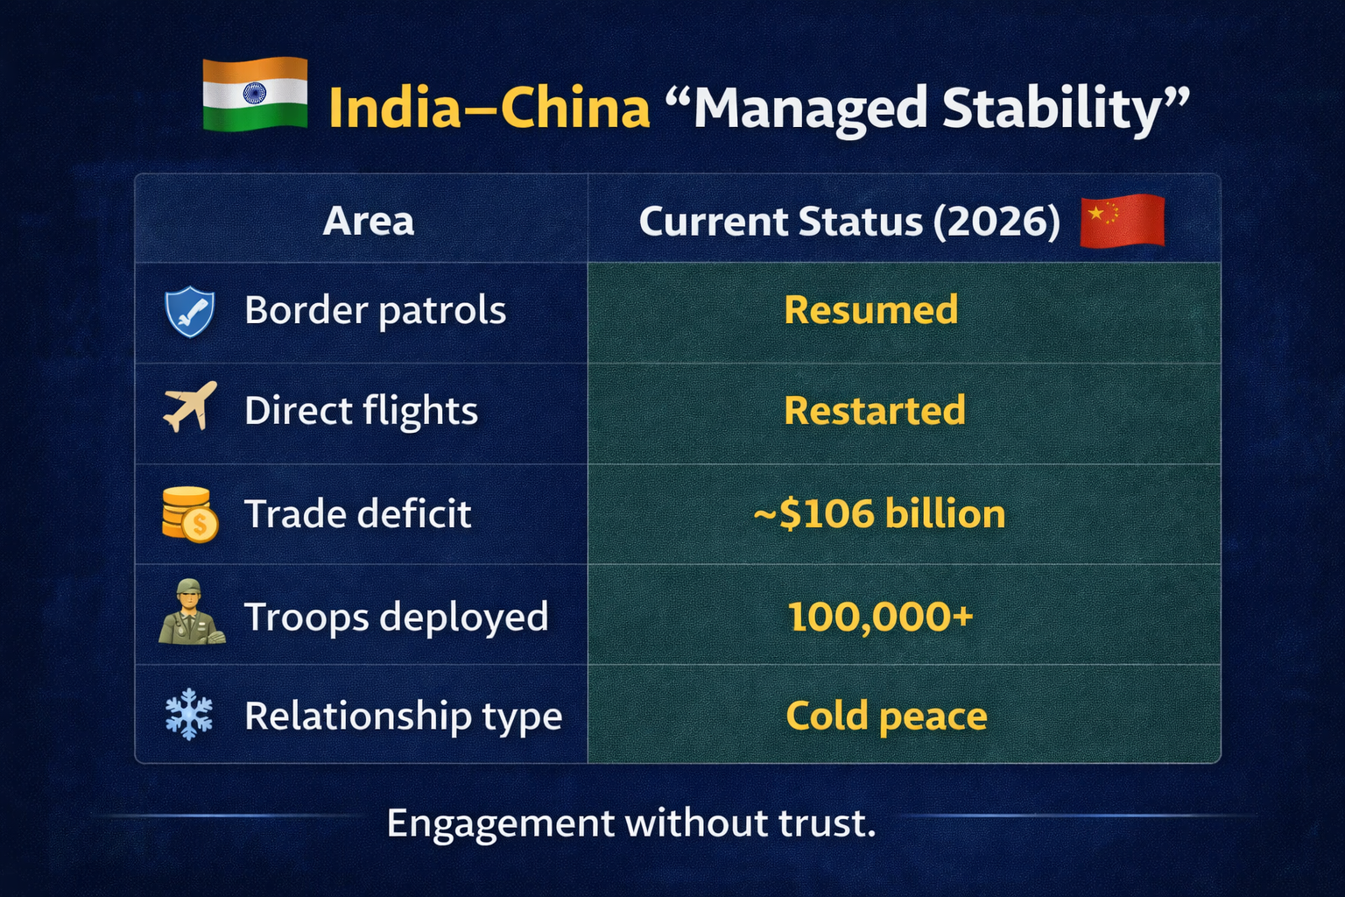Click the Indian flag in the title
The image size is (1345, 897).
(x=255, y=95)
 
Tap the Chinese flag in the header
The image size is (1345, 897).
(x=1122, y=220)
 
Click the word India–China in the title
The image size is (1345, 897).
(x=489, y=108)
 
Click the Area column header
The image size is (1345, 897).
(x=368, y=221)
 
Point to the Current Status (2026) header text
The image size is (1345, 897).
(x=849, y=221)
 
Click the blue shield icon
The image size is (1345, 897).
(x=189, y=312)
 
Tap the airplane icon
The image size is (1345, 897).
(x=190, y=407)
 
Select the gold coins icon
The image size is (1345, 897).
(x=189, y=514)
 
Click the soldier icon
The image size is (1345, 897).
(x=191, y=613)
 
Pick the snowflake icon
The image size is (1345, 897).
(x=189, y=715)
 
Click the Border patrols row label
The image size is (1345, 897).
(x=375, y=310)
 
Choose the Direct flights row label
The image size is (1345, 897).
(x=361, y=411)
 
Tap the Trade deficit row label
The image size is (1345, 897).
(x=357, y=513)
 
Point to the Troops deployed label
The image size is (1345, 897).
(x=396, y=617)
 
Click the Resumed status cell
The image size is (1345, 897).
(x=870, y=310)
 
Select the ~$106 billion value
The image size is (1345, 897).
(x=879, y=513)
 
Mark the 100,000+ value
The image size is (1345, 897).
(x=880, y=617)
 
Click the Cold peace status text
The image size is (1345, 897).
(x=886, y=716)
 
